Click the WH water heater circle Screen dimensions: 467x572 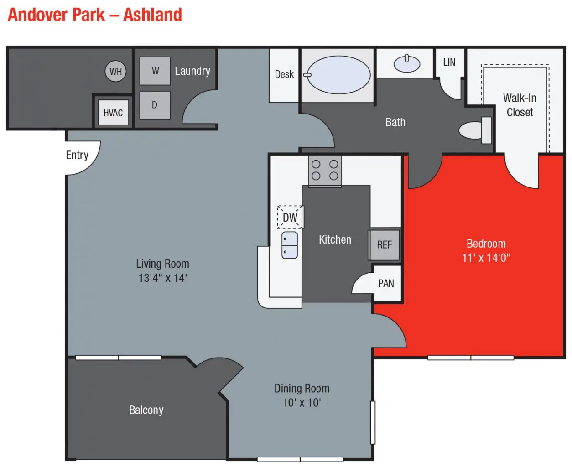click(x=115, y=72)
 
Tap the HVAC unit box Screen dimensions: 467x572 click(x=113, y=113)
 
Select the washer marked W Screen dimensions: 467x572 click(x=155, y=71)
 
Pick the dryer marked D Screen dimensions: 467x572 click(x=155, y=105)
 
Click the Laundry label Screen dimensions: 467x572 click(x=192, y=71)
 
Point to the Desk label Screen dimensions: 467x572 click(x=284, y=74)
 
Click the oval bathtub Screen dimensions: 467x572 click(x=338, y=75)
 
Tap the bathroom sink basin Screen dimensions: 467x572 click(x=406, y=63)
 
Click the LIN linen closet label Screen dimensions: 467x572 click(x=449, y=62)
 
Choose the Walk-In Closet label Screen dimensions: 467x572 click(x=520, y=105)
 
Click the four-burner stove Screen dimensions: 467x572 click(x=324, y=171)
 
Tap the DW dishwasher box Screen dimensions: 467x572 click(x=290, y=217)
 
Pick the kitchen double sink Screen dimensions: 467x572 click(x=290, y=245)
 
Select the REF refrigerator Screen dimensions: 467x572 click(x=385, y=245)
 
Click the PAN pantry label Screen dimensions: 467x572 click(x=386, y=283)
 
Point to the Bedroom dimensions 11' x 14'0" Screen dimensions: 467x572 click(x=486, y=258)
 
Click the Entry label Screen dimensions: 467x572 click(x=77, y=156)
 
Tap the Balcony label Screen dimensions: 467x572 click(x=146, y=410)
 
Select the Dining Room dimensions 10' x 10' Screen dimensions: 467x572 click(x=302, y=403)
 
